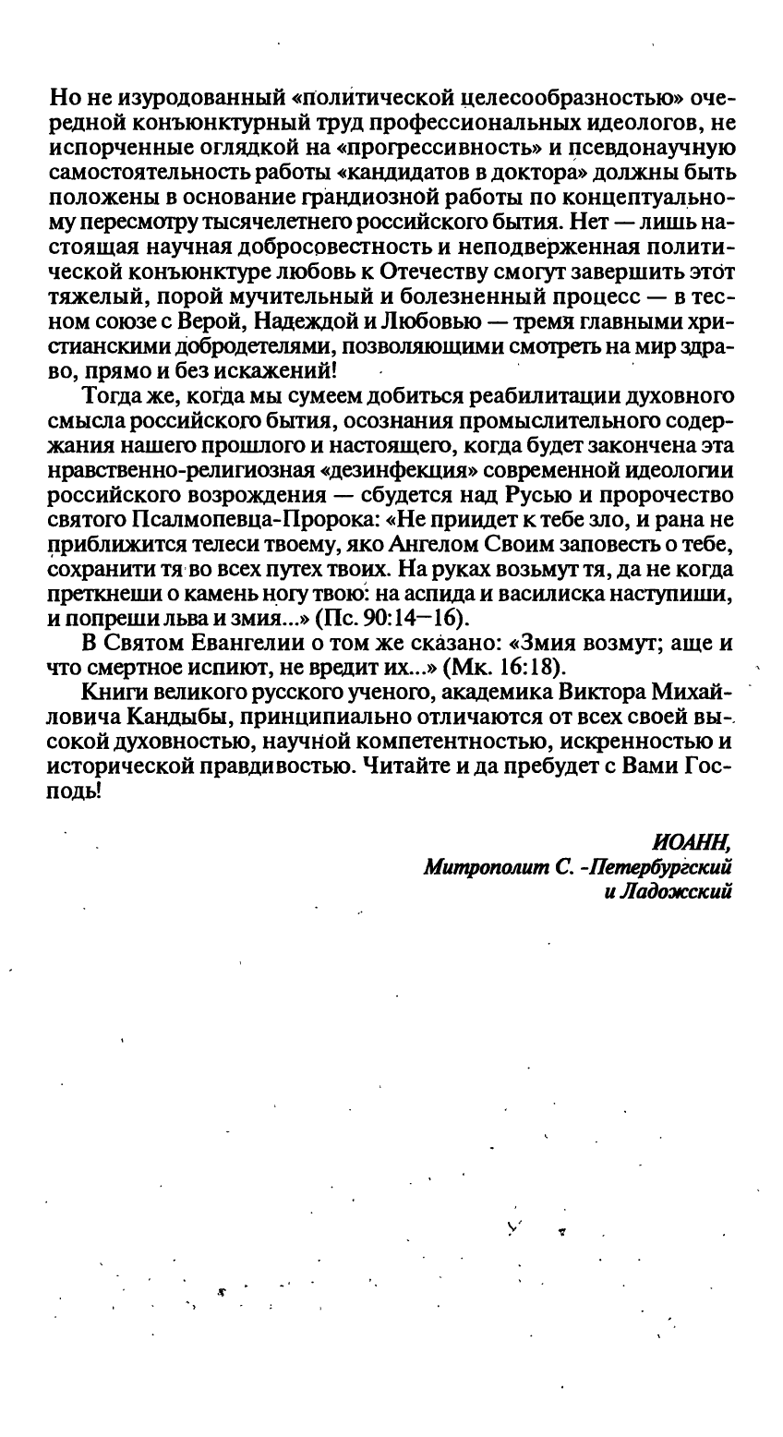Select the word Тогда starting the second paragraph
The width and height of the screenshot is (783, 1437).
click(114, 395)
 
